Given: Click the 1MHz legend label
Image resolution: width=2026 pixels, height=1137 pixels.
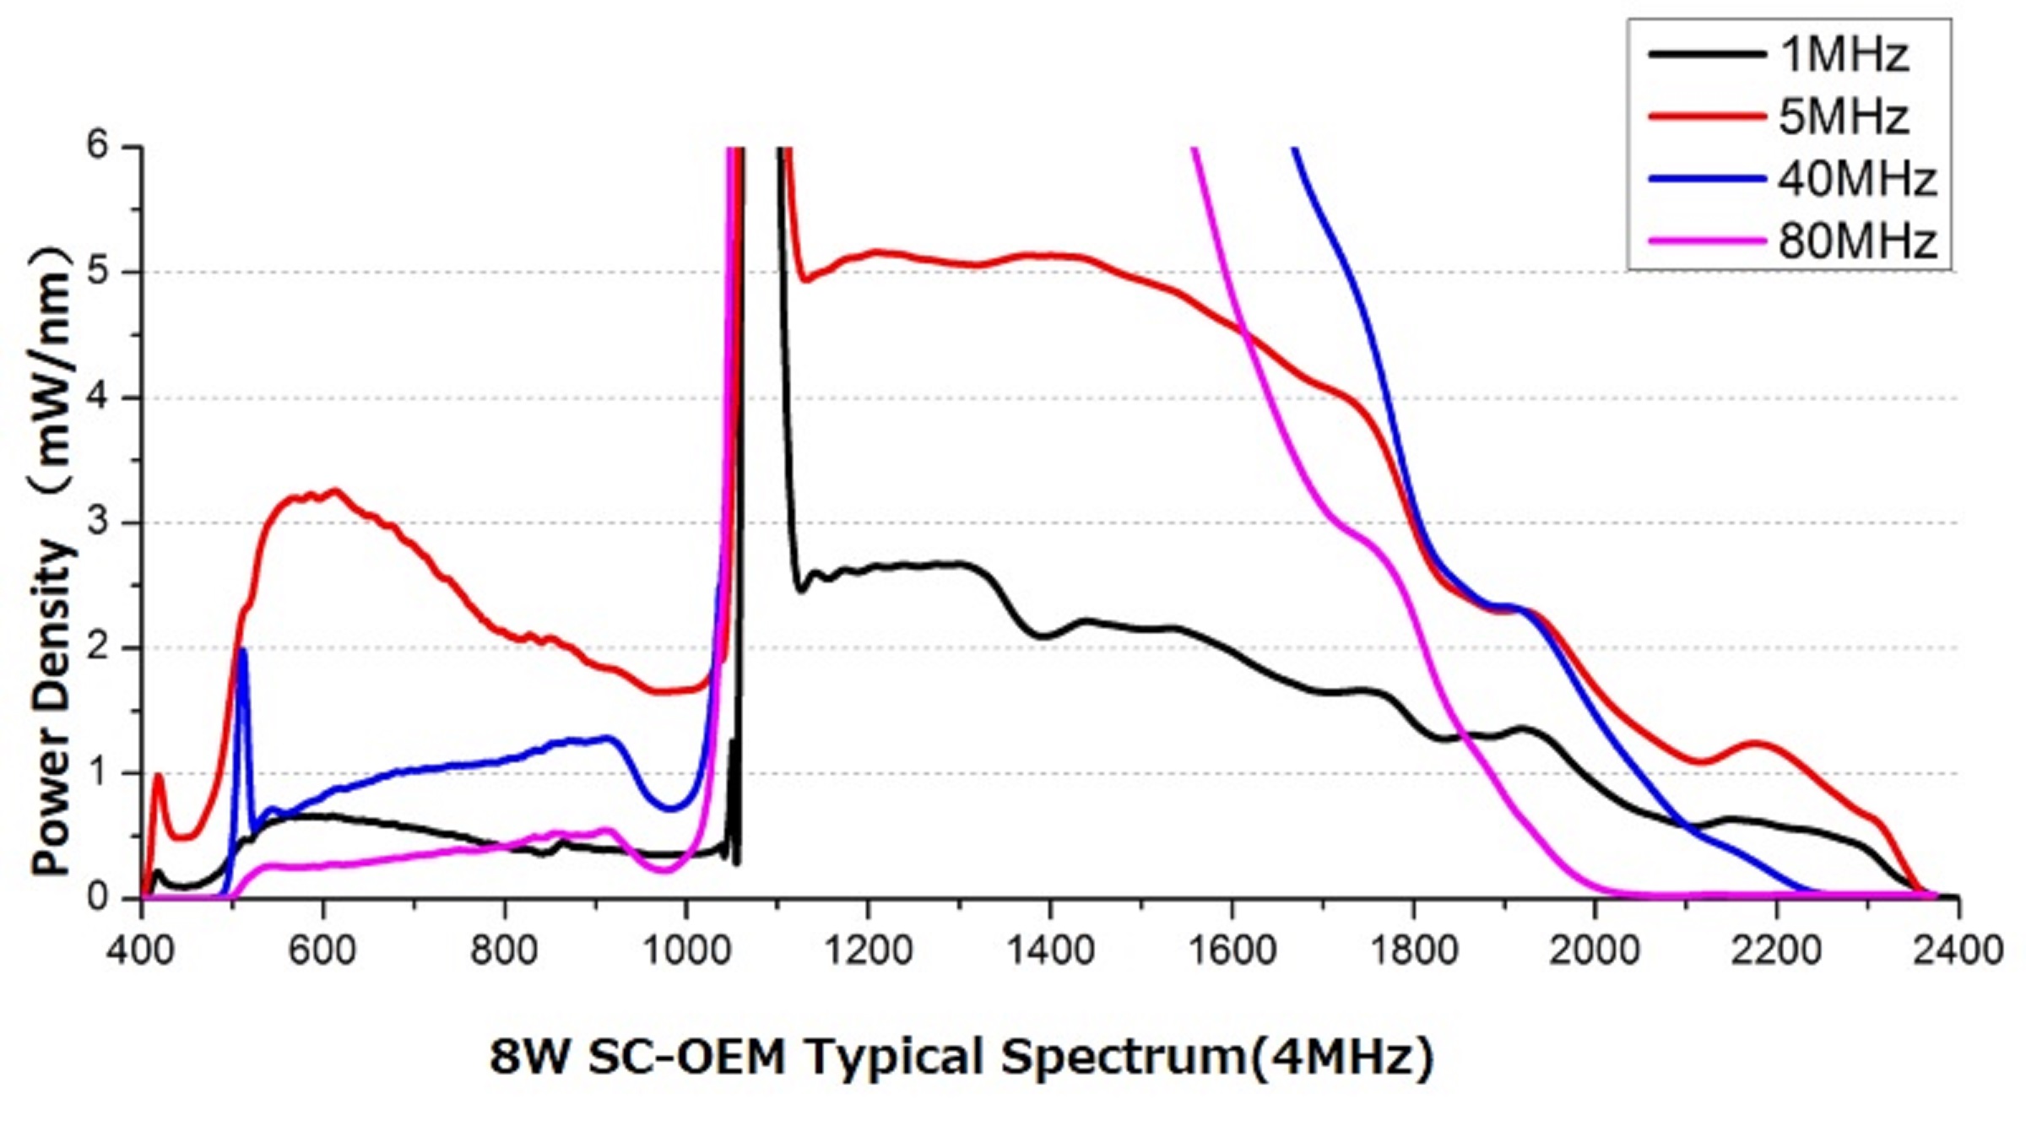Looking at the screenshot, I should (1844, 55).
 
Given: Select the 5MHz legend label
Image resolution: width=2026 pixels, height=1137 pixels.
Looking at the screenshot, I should (1844, 117).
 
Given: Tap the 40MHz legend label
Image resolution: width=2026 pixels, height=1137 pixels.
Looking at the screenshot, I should (1857, 180).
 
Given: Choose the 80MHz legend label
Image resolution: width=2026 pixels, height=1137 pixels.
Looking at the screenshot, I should (1857, 241).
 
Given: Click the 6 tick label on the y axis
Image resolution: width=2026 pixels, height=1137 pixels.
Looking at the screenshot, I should (98, 146).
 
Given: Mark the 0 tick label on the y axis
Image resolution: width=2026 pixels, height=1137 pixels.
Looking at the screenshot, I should (98, 897).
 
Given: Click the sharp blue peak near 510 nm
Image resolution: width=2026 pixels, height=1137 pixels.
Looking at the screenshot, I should (243, 651).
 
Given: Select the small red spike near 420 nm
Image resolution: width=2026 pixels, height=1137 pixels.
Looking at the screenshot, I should (158, 776).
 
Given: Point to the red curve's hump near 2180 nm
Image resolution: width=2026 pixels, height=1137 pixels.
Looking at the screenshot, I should (1841, 744).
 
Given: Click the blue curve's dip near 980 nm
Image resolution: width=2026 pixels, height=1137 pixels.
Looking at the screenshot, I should (670, 809).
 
